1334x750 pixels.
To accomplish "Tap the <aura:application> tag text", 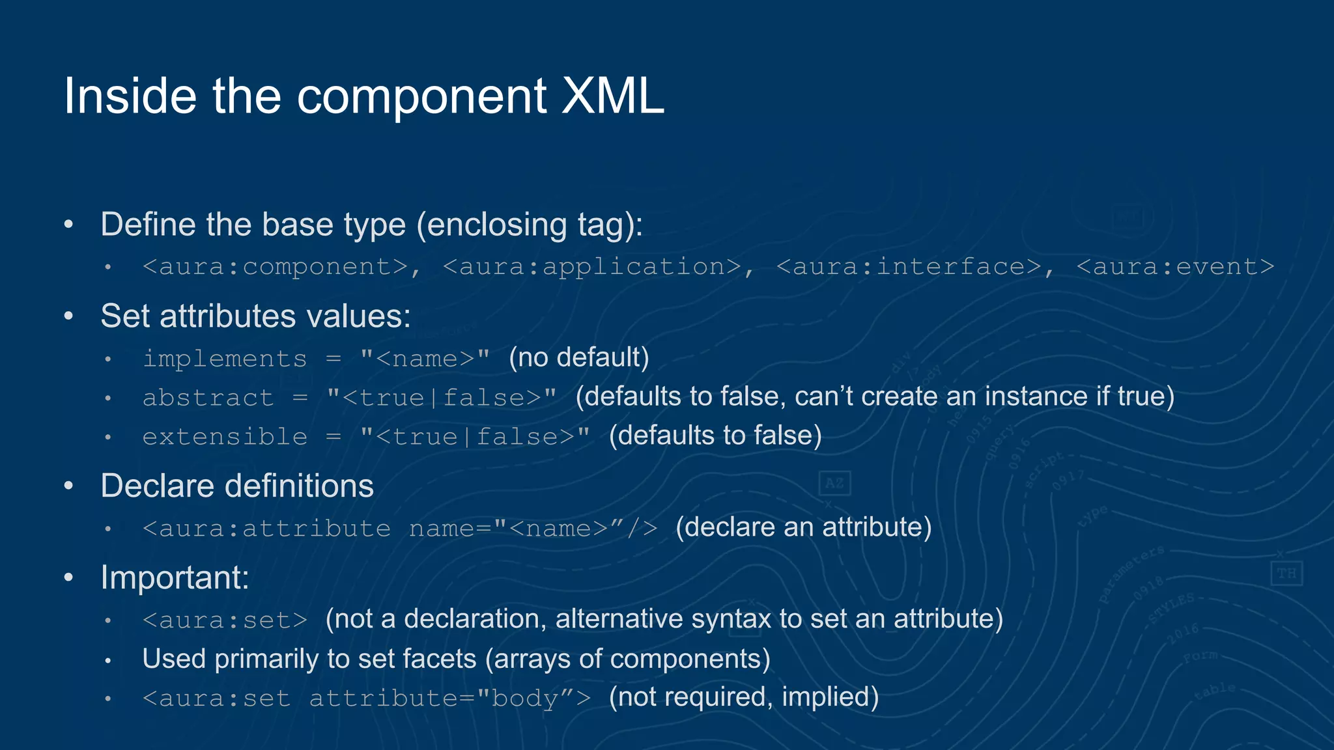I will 592,267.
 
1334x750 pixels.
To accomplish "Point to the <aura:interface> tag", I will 909,267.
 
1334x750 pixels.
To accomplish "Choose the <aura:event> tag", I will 1175,267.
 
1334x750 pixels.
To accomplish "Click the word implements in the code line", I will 225,359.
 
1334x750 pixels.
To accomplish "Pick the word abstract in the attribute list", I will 208,398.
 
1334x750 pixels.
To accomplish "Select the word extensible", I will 225,437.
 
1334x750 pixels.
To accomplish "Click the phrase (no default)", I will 579,357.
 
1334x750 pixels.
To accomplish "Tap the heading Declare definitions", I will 237,486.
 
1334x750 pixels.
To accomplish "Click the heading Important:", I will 175,577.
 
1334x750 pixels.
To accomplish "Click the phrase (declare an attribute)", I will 803,527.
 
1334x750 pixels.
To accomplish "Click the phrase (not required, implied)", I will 743,697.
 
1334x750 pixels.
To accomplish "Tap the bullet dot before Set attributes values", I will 69,316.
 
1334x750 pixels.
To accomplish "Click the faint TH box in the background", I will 1286,574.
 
